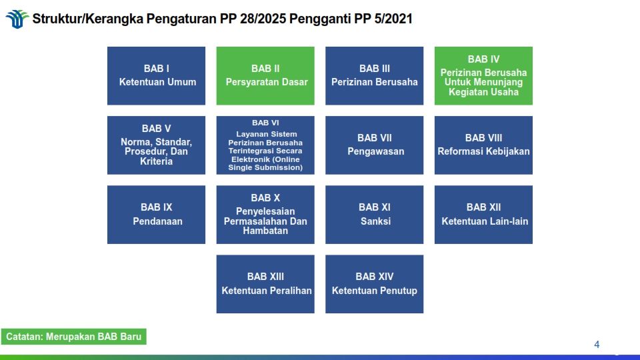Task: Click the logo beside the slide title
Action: click(x=17, y=19)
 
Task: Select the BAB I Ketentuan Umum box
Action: click(x=156, y=76)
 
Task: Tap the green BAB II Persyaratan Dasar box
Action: click(x=265, y=76)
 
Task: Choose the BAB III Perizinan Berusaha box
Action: click(x=374, y=76)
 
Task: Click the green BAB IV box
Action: click(x=483, y=76)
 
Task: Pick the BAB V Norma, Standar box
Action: click(x=156, y=145)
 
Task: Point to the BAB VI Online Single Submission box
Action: click(x=265, y=145)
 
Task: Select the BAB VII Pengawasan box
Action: click(x=374, y=145)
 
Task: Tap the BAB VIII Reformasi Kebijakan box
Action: click(x=483, y=145)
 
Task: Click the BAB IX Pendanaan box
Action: click(x=156, y=215)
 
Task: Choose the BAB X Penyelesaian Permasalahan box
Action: click(x=265, y=215)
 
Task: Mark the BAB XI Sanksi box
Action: click(x=374, y=215)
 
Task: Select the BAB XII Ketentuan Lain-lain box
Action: click(x=483, y=215)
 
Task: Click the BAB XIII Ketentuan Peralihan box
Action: click(x=265, y=284)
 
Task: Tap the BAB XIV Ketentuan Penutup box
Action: click(x=374, y=284)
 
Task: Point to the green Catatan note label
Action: click(x=73, y=337)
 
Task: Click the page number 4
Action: click(x=597, y=345)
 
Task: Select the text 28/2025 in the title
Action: click(x=263, y=19)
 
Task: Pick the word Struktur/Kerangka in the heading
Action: click(x=88, y=19)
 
